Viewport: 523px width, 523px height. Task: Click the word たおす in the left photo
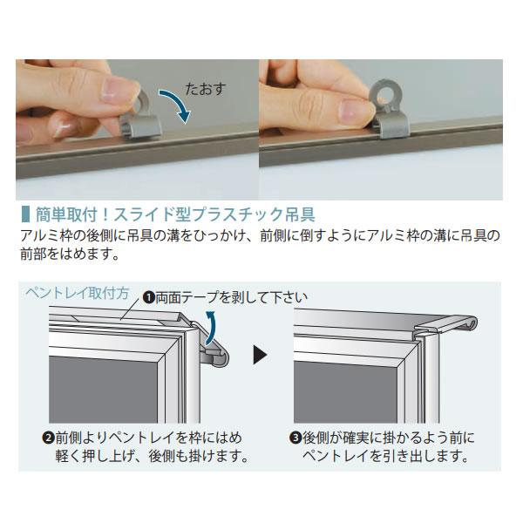pos(206,89)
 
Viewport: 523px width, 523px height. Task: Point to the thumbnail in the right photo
pos(354,111)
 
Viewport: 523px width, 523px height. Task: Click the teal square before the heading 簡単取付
pos(24,214)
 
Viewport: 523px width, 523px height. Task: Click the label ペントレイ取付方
pos(78,293)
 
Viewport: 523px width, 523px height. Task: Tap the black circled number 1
pos(149,297)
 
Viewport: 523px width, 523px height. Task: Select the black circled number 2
pos(49,438)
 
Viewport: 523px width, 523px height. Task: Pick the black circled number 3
pos(295,438)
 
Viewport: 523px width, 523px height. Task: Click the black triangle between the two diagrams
pos(260,354)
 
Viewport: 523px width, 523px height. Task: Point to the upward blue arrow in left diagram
pos(210,328)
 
